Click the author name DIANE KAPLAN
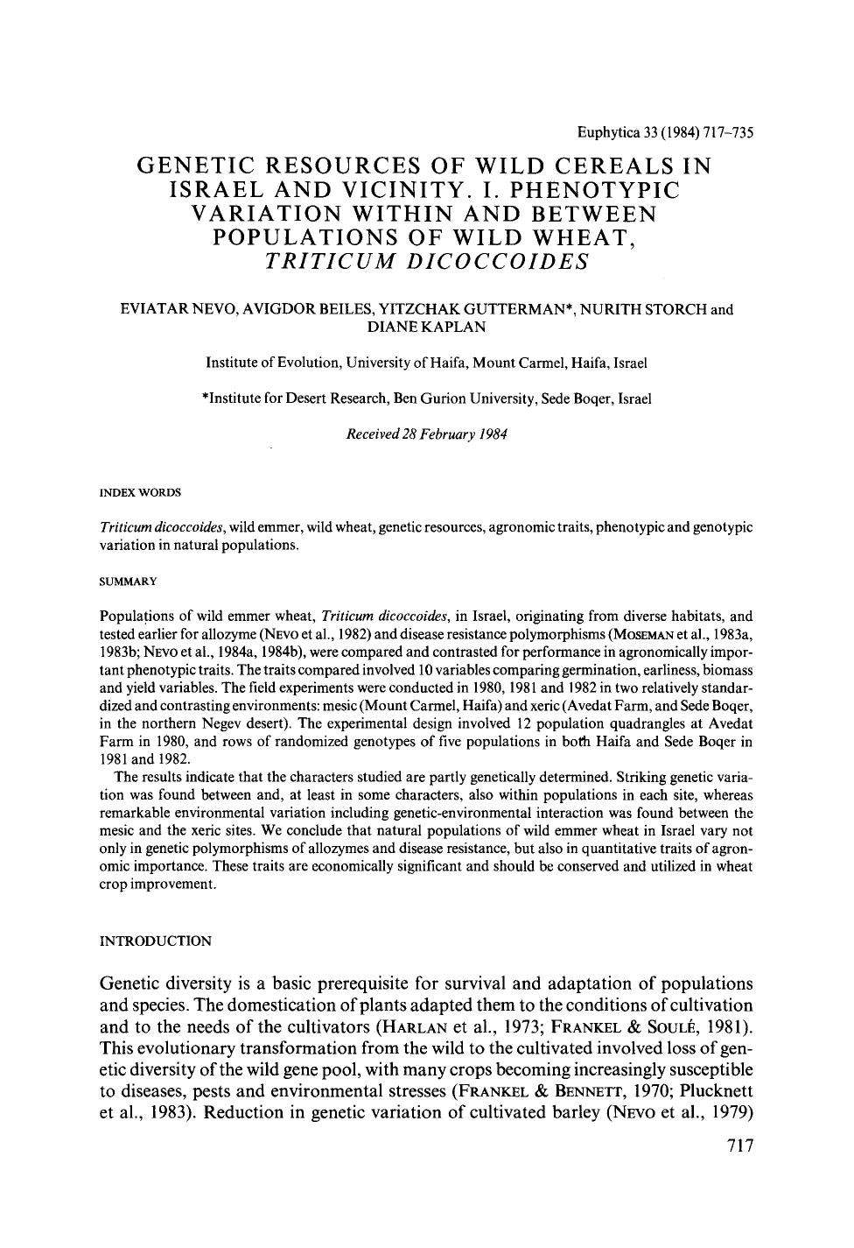(x=426, y=327)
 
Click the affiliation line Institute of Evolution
(x=426, y=363)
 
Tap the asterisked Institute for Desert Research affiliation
(x=426, y=398)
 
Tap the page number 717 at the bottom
(x=739, y=1146)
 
